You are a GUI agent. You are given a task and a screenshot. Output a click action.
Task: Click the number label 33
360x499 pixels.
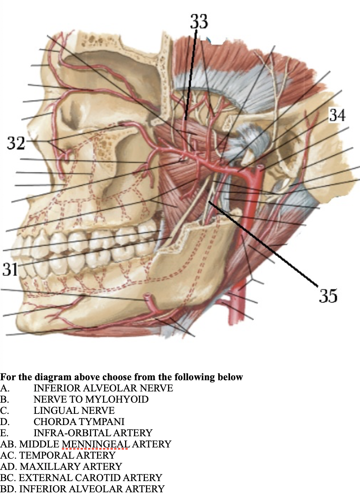click(x=199, y=22)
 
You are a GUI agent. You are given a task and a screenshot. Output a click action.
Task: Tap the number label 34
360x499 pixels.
click(x=337, y=115)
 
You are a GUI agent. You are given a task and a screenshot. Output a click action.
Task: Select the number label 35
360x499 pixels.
click(x=328, y=295)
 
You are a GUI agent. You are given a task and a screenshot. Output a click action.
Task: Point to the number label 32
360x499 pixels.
click(x=16, y=143)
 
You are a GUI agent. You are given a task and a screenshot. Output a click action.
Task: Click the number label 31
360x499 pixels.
click(x=10, y=269)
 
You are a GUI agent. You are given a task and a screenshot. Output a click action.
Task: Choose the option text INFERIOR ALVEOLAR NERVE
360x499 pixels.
click(x=103, y=388)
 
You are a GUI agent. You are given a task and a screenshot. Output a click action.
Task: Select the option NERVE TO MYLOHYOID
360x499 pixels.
click(x=91, y=400)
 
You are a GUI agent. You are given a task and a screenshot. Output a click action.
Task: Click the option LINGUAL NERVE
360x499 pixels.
click(x=74, y=411)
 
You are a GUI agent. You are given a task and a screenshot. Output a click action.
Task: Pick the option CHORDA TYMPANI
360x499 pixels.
click(x=79, y=422)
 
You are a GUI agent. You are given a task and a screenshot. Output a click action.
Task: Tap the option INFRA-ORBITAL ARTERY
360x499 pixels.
click(x=93, y=433)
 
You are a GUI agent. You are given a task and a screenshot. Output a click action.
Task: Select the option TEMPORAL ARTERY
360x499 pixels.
click(x=67, y=456)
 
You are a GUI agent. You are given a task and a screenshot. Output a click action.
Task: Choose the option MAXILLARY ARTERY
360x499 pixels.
click(x=71, y=467)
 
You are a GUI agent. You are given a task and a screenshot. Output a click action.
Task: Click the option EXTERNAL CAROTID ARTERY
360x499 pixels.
click(x=90, y=478)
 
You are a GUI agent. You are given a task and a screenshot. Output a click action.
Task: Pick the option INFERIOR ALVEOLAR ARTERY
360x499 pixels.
click(x=91, y=489)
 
